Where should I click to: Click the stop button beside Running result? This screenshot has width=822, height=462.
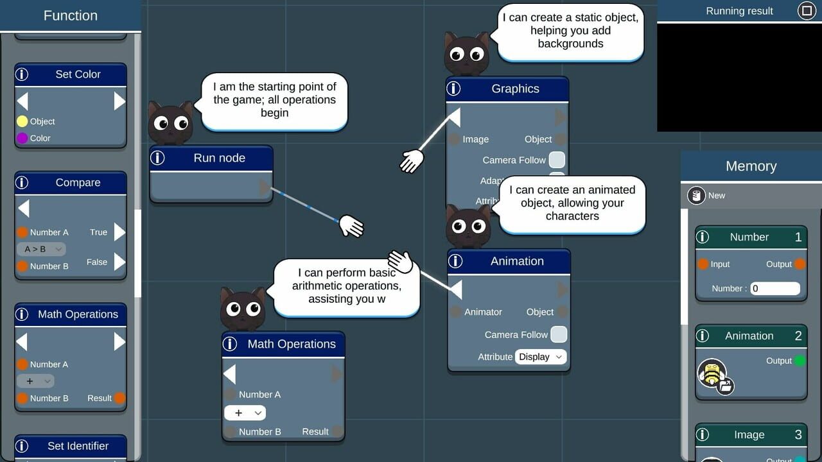coord(805,10)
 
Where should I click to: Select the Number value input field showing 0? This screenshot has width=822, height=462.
coord(775,289)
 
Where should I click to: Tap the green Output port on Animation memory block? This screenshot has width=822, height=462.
coord(800,361)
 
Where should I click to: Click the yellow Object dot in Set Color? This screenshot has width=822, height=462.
coord(22,121)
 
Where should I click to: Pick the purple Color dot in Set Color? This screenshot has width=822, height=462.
coord(22,138)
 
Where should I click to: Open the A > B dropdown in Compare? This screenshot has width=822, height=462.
coord(41,249)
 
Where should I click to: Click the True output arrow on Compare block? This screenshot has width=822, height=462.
coord(119,232)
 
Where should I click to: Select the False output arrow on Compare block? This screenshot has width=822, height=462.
coord(119,262)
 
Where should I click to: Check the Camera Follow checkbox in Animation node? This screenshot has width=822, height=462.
coord(559,334)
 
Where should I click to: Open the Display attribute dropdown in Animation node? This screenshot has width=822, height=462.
coord(541,357)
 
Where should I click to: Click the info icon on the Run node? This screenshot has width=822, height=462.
coord(158,158)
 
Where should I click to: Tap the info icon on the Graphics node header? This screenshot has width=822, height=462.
coord(454,89)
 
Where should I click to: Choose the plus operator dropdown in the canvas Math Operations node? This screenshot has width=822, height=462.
coord(245,413)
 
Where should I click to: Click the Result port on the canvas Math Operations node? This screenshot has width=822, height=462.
coord(338,431)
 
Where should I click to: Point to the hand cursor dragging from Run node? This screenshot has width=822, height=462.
coord(351,225)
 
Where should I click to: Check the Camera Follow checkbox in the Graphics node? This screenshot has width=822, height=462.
coord(557,160)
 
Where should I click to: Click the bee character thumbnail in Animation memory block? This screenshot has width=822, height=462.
coord(712,373)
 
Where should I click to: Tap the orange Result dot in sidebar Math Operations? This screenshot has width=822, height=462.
coord(119,398)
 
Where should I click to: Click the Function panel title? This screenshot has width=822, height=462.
coord(70,15)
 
